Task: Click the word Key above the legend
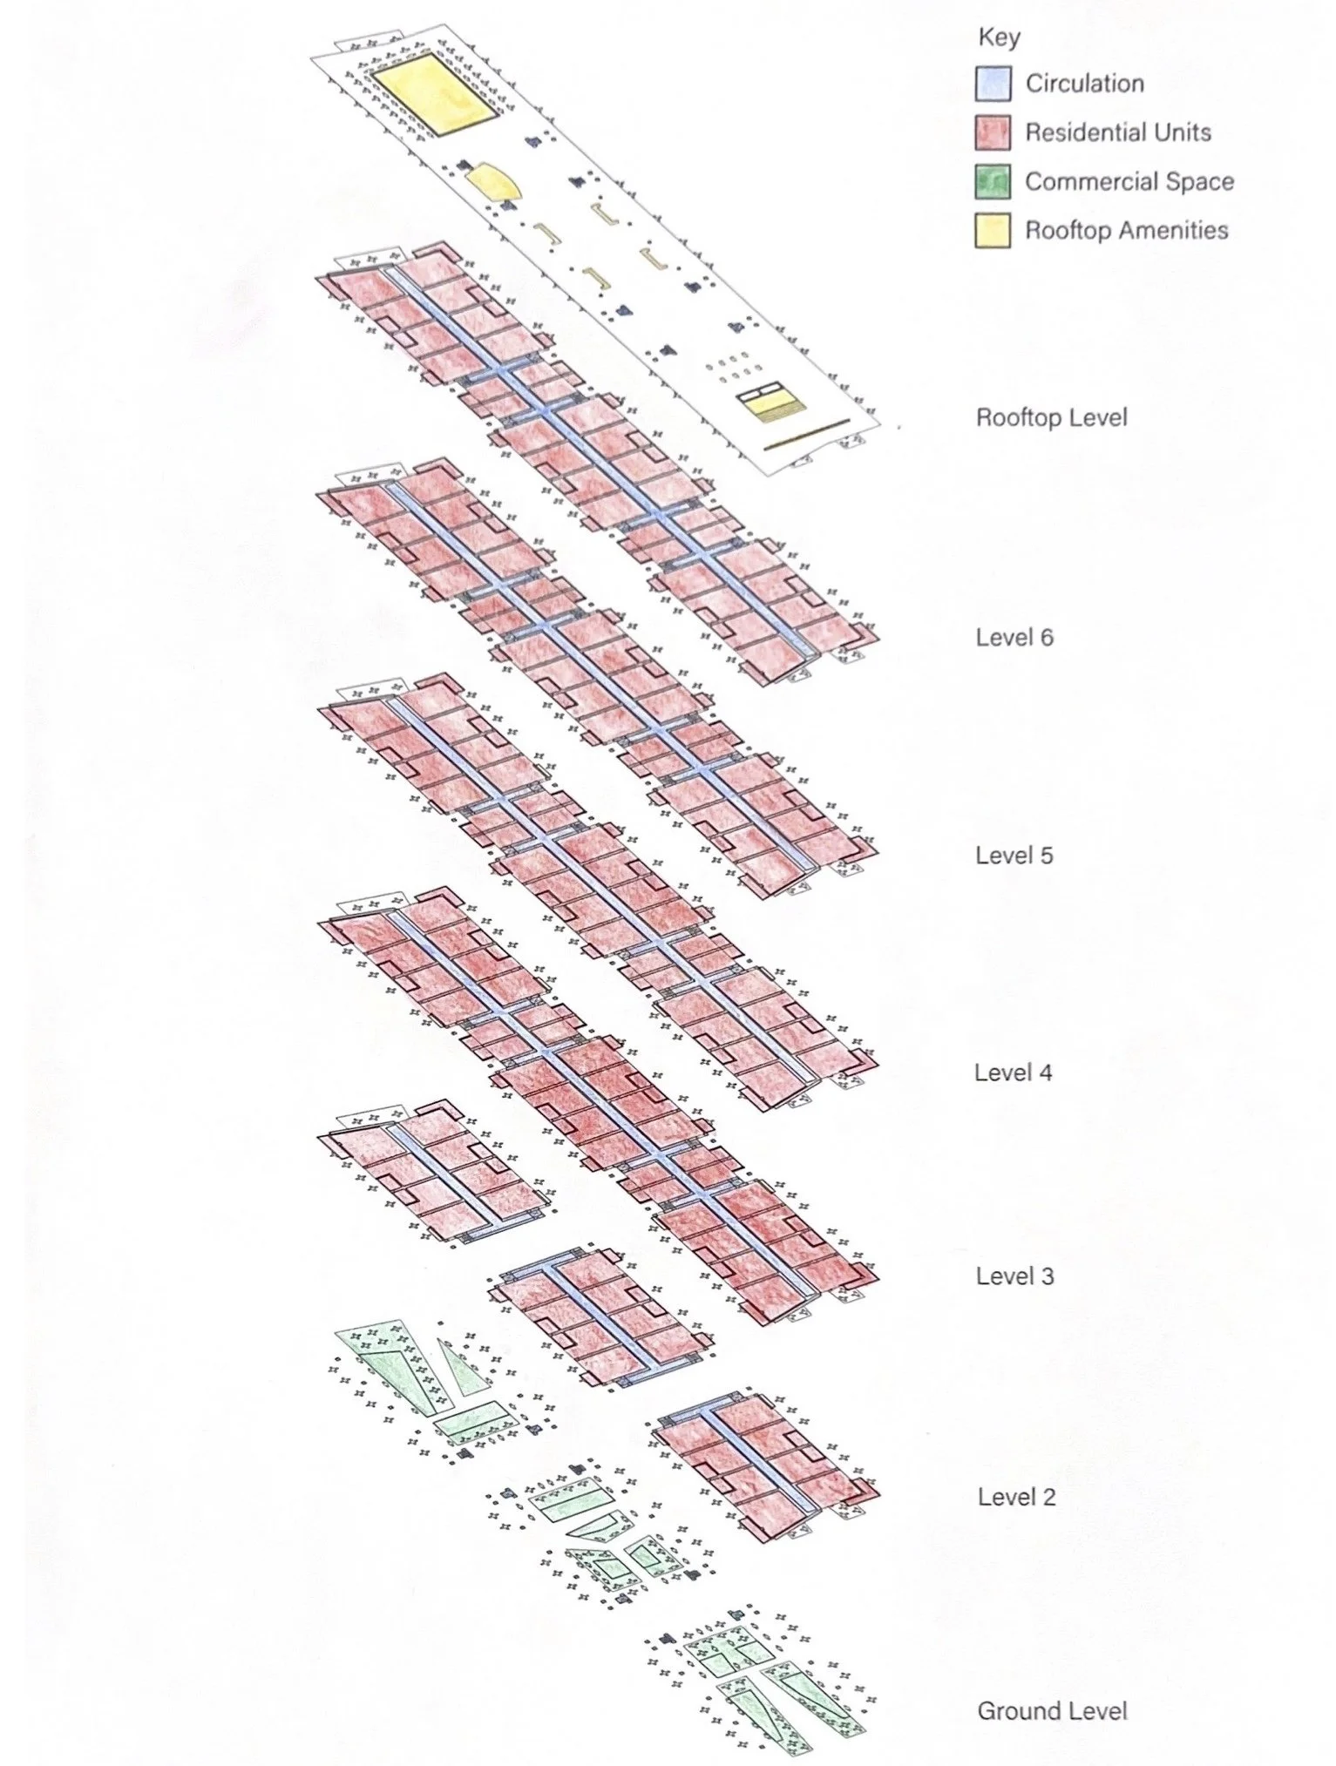(999, 37)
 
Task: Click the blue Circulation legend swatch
(993, 85)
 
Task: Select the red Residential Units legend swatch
(993, 133)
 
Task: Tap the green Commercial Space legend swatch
(993, 182)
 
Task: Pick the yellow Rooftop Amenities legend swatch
(993, 231)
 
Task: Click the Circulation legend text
(1084, 84)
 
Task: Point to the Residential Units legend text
(1117, 132)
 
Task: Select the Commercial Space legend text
(1129, 181)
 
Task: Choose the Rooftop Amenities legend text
(1126, 230)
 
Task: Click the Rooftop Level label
(1051, 417)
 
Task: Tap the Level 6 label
(1014, 638)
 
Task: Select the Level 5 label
(1014, 856)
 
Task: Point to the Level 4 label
(1014, 1072)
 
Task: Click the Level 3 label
(1014, 1276)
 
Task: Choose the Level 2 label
(1016, 1497)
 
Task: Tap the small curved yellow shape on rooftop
(493, 184)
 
